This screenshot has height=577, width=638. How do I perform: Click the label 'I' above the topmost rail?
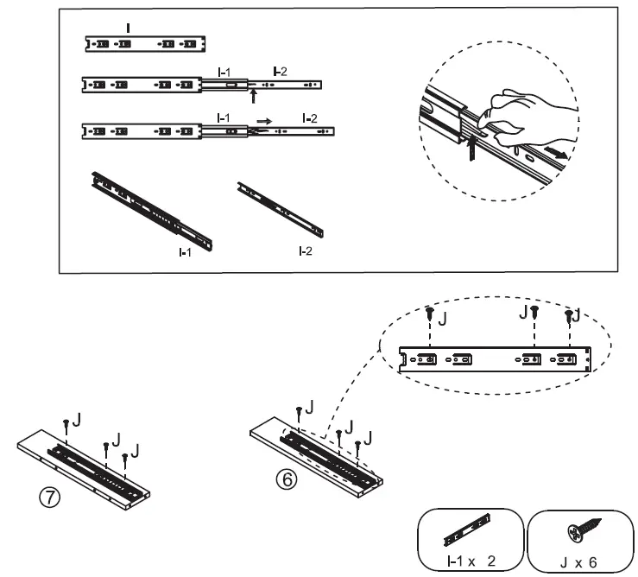pos(129,29)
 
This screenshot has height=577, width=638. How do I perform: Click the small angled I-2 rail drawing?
pos(280,208)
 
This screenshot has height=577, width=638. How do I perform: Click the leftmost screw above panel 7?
pos(66,422)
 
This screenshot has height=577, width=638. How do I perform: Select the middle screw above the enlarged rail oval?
pos(534,314)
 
